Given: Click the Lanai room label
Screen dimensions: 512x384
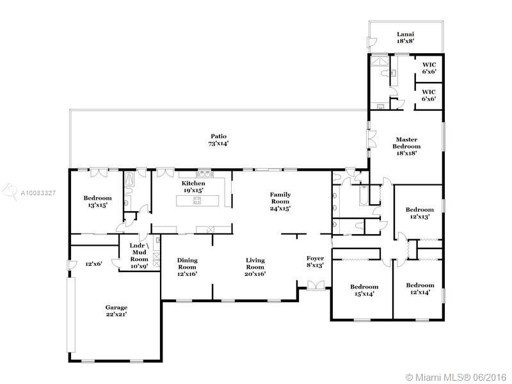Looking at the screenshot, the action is (406, 38).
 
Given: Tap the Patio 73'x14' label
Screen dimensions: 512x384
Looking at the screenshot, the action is (218, 140).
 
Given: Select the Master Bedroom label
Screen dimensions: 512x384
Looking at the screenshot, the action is (406, 147).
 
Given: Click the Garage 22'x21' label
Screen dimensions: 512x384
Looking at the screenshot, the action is (116, 311).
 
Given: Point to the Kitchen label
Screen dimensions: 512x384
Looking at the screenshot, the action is (193, 186).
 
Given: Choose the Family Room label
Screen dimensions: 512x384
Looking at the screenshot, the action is (280, 202).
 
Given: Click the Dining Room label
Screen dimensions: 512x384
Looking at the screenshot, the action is (187, 267).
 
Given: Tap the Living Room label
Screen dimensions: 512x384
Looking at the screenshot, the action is (255, 267).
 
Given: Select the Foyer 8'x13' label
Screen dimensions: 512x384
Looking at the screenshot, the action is (315, 262).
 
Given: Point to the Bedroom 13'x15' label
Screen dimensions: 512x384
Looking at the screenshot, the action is (97, 202).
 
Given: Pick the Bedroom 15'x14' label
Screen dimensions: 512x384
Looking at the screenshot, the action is (364, 290).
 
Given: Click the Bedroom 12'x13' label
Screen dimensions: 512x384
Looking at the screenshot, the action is (420, 213).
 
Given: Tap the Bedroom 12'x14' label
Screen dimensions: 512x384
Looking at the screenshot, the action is (420, 289).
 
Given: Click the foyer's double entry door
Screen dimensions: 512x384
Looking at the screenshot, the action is (316, 285).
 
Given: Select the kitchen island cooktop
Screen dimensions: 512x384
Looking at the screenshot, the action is (197, 200).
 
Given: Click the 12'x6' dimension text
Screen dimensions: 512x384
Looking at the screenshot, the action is (93, 264).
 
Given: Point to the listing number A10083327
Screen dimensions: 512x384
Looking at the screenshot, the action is (38, 193).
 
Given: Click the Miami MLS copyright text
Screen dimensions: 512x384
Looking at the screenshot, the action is (456, 377).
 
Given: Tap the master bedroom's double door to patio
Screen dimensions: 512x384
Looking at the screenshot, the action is (372, 139).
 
